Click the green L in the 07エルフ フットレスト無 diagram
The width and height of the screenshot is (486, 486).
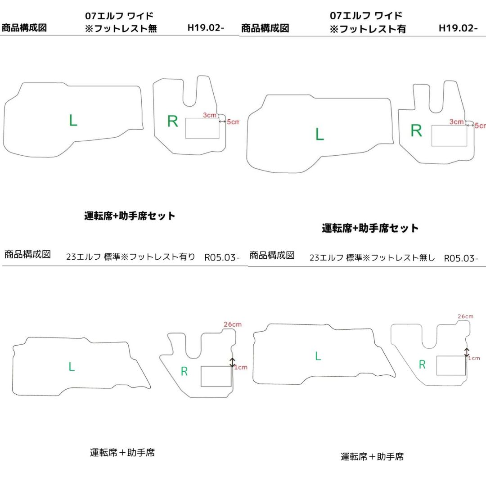73,120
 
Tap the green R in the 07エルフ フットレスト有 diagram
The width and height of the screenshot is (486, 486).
416,130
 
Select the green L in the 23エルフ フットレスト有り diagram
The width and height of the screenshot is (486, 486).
72,367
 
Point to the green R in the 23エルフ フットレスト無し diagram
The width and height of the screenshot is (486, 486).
422,364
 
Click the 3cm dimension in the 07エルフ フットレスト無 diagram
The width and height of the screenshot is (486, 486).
210,115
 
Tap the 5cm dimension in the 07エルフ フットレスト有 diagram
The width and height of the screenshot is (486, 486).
480,126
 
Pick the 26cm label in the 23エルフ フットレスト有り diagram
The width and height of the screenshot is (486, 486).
233,324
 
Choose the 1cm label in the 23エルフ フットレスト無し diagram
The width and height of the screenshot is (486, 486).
474,358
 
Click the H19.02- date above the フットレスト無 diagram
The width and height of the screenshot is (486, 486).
206,27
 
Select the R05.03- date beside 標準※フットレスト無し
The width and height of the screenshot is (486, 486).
461,258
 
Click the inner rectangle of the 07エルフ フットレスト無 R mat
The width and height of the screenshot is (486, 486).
202,128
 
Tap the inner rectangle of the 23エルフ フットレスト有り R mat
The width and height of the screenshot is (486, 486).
216,376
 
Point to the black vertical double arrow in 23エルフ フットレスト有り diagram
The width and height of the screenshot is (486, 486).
232,362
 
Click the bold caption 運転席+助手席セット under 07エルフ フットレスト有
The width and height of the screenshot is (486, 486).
370,228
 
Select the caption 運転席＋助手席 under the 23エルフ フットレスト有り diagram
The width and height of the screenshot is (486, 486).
122,453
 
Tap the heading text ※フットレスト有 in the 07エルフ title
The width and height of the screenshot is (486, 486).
368,29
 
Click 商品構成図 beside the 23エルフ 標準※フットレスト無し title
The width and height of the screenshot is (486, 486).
272,256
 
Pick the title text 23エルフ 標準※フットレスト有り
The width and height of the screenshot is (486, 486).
130,257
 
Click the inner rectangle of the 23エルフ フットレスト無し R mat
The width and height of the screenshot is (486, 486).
451,365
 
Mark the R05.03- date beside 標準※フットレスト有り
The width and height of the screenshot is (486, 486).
222,257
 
